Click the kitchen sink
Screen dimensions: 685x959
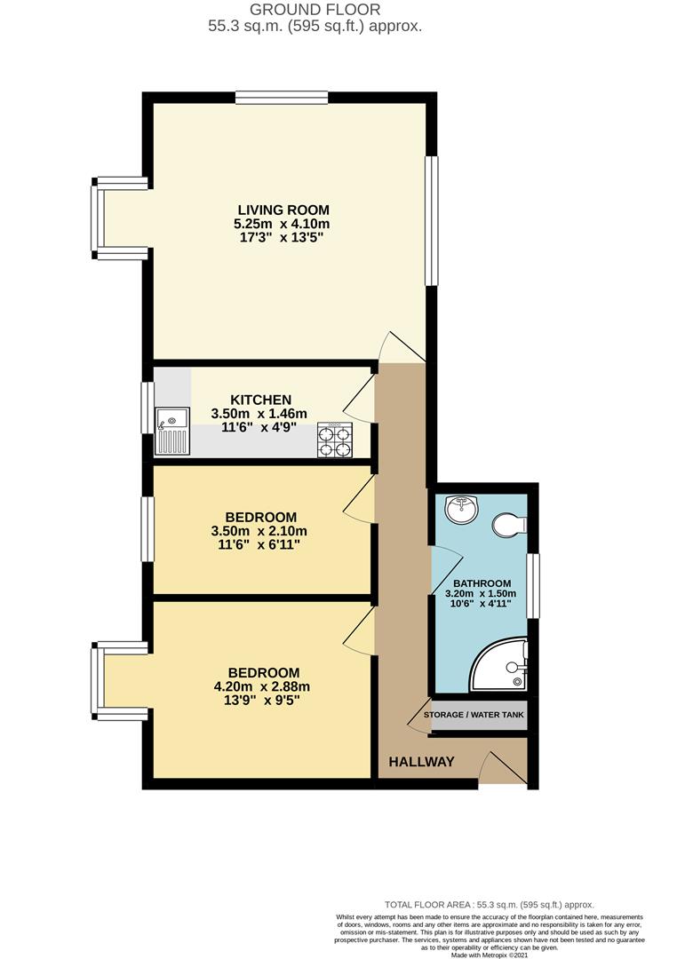(x=172, y=432)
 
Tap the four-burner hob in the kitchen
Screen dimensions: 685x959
(x=335, y=440)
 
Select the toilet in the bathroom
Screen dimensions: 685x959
(x=509, y=524)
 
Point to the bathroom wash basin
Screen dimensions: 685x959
(x=461, y=509)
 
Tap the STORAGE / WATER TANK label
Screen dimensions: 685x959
(x=474, y=714)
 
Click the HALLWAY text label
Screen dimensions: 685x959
(x=421, y=762)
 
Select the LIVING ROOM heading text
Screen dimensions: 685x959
(x=283, y=210)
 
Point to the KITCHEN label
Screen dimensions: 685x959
(x=261, y=400)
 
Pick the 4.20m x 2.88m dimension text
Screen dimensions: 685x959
(x=262, y=686)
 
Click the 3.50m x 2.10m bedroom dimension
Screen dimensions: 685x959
(x=259, y=531)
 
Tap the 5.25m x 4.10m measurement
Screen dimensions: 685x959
(x=283, y=224)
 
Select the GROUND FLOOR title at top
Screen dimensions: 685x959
(x=315, y=10)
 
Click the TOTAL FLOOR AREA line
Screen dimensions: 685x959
(x=490, y=905)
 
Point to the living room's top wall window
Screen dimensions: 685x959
(x=282, y=98)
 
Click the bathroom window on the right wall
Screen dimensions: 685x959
(x=532, y=586)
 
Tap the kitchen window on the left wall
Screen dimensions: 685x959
(x=147, y=408)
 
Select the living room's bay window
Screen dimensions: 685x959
(x=119, y=219)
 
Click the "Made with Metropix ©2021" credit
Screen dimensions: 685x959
(x=489, y=955)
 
